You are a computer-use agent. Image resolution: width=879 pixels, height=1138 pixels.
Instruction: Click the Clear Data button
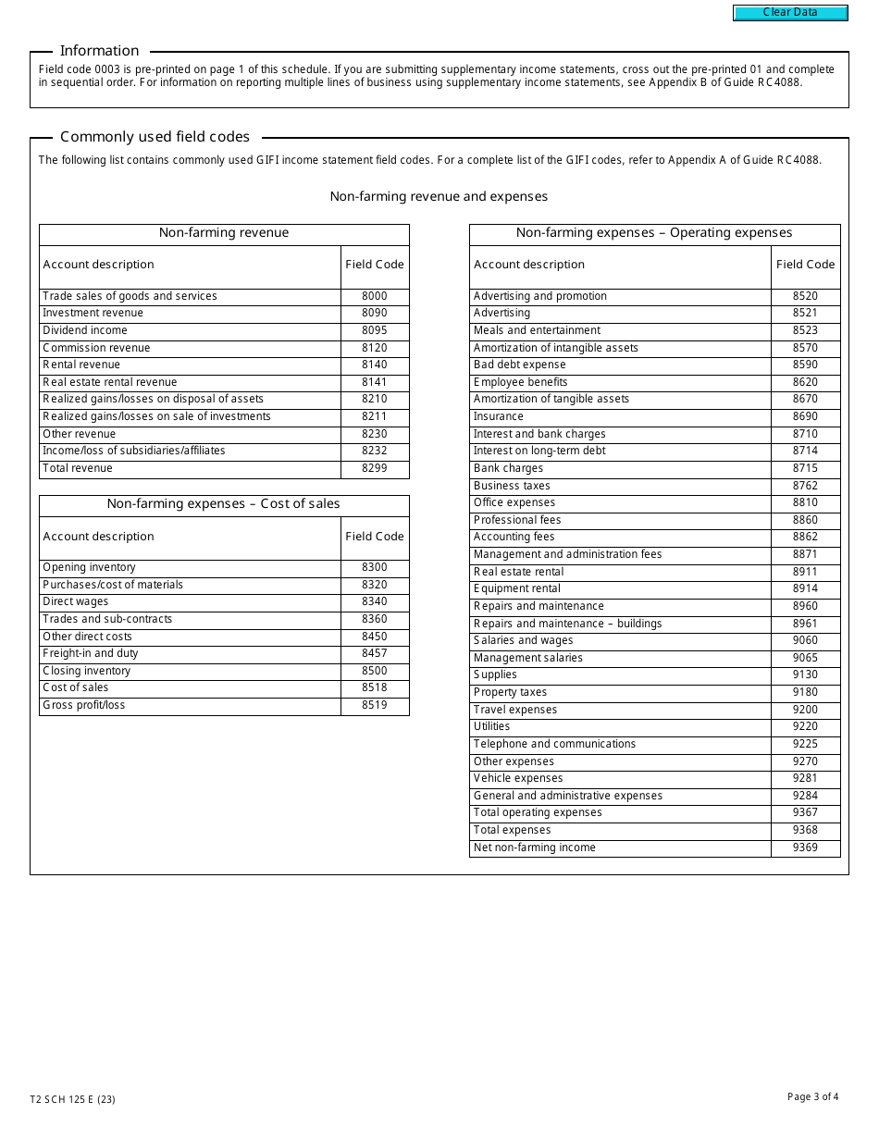[x=790, y=13]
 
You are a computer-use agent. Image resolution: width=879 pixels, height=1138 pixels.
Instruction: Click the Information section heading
[x=99, y=51]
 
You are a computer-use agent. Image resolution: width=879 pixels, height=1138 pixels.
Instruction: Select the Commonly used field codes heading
[x=155, y=137]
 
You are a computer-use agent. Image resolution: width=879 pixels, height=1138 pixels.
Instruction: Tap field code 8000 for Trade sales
[x=375, y=296]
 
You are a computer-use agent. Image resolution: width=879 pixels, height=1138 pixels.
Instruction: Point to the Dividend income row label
[x=85, y=330]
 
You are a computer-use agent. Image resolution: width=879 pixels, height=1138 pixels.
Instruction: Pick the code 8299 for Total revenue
[x=375, y=468]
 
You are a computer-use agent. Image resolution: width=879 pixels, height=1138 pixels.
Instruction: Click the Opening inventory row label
[x=89, y=567]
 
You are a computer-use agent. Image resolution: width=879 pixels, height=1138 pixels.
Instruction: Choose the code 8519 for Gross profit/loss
[x=375, y=705]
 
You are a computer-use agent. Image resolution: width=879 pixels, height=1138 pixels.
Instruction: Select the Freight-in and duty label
[x=90, y=653]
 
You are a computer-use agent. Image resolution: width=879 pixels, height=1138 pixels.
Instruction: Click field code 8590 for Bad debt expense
[x=805, y=365]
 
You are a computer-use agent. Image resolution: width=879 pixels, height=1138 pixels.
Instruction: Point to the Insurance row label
[x=499, y=416]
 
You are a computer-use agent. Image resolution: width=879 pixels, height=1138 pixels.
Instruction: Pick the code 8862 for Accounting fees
[x=805, y=537]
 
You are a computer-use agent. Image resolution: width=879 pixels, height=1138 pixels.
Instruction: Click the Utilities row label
[x=491, y=726]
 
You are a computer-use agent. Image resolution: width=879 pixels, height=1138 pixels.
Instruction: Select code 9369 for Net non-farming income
[x=805, y=847]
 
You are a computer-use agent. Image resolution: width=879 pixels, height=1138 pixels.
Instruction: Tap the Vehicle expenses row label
[x=518, y=778]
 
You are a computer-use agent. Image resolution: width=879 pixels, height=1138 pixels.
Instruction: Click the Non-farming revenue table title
[x=224, y=233]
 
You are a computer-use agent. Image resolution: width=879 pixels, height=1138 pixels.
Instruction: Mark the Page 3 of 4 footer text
[x=812, y=1097]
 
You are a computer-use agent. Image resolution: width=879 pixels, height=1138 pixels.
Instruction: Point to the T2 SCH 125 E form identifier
[x=72, y=1100]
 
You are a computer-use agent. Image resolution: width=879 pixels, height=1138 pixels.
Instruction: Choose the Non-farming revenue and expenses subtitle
[x=439, y=196]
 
